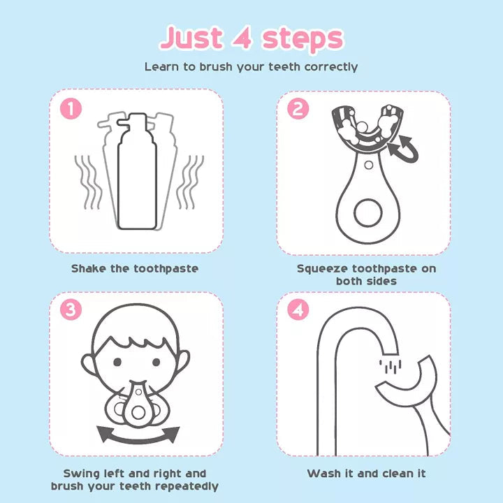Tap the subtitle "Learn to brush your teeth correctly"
[x=251, y=67]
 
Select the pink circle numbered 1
[x=71, y=108]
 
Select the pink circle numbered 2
[x=298, y=108]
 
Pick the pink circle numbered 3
[x=71, y=309]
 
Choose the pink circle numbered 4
[x=298, y=309]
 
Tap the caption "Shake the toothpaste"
[x=135, y=268]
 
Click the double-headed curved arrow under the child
[x=138, y=433]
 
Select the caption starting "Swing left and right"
[x=135, y=479]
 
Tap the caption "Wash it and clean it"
[x=366, y=474]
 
